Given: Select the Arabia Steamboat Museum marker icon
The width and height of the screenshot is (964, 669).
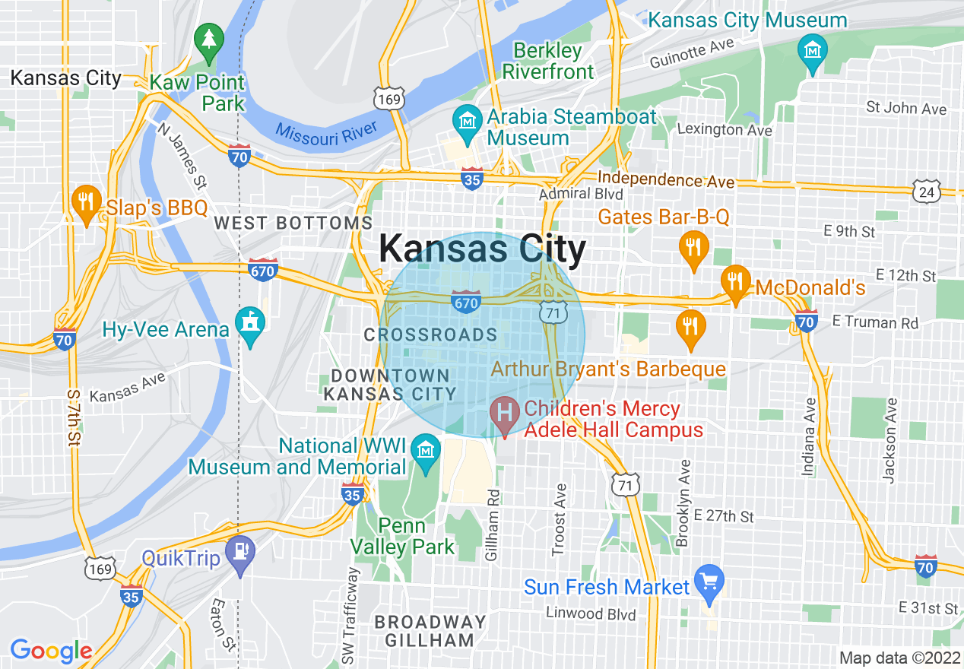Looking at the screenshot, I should pyautogui.click(x=466, y=119).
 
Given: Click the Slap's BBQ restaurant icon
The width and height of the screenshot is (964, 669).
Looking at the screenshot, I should pyautogui.click(x=87, y=201).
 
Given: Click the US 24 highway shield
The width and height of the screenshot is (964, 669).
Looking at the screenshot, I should pyautogui.click(x=928, y=192).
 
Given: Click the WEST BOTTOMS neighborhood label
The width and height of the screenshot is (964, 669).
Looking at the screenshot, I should pyautogui.click(x=293, y=224).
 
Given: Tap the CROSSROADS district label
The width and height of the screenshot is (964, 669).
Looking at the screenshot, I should pyautogui.click(x=430, y=334).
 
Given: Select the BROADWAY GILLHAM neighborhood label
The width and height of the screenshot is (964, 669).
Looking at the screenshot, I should pyautogui.click(x=430, y=631).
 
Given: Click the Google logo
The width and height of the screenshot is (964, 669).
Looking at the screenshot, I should pyautogui.click(x=51, y=651).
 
